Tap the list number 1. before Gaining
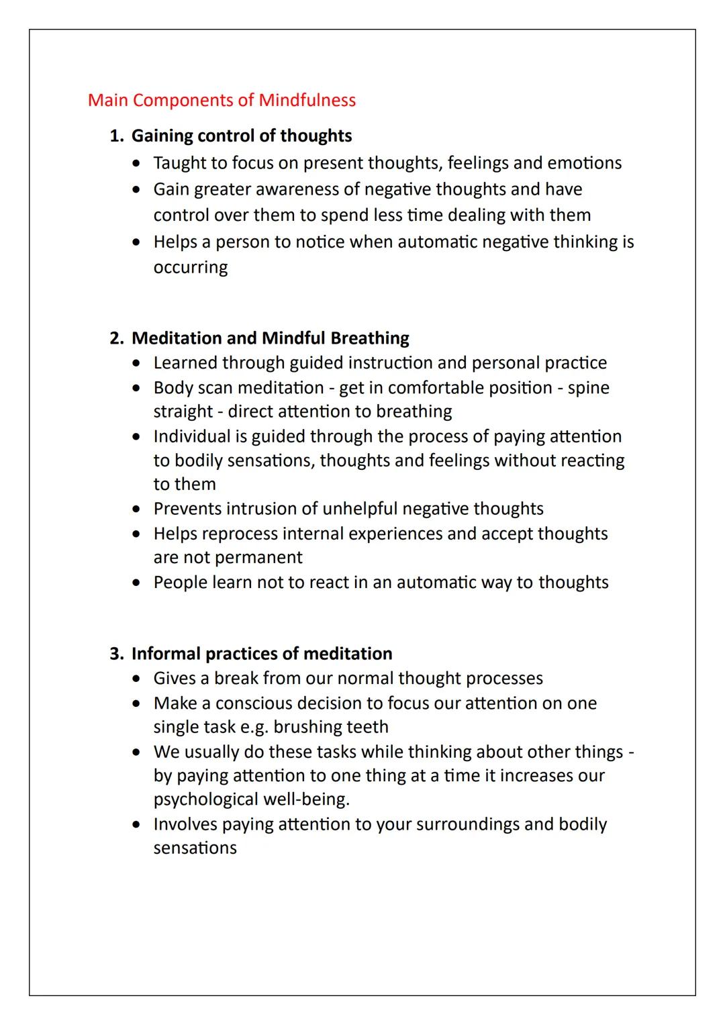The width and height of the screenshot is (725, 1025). click(x=116, y=136)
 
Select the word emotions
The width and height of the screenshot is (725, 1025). click(x=584, y=163)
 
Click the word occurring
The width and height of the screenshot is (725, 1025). click(x=190, y=267)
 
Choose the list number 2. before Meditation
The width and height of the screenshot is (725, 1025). click(x=116, y=338)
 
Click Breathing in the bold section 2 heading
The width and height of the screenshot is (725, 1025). click(x=369, y=338)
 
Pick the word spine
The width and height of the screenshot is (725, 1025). click(x=588, y=388)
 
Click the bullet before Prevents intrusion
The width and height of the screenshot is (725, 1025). click(x=138, y=509)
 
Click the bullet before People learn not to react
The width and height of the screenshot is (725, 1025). click(x=138, y=583)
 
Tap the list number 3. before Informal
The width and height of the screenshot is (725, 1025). click(x=116, y=654)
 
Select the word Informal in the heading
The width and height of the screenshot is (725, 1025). click(x=166, y=654)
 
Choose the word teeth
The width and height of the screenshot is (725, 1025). click(x=366, y=727)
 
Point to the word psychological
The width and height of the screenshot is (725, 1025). click(x=205, y=799)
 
